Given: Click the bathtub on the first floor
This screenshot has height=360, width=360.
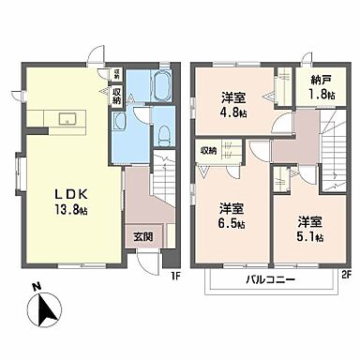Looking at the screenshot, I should point(157,92).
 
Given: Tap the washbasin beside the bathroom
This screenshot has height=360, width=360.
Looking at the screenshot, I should point(120,121).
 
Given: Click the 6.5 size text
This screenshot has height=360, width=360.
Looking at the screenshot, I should point(232,224).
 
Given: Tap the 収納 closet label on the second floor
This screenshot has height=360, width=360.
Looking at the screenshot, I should point(208,150).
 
